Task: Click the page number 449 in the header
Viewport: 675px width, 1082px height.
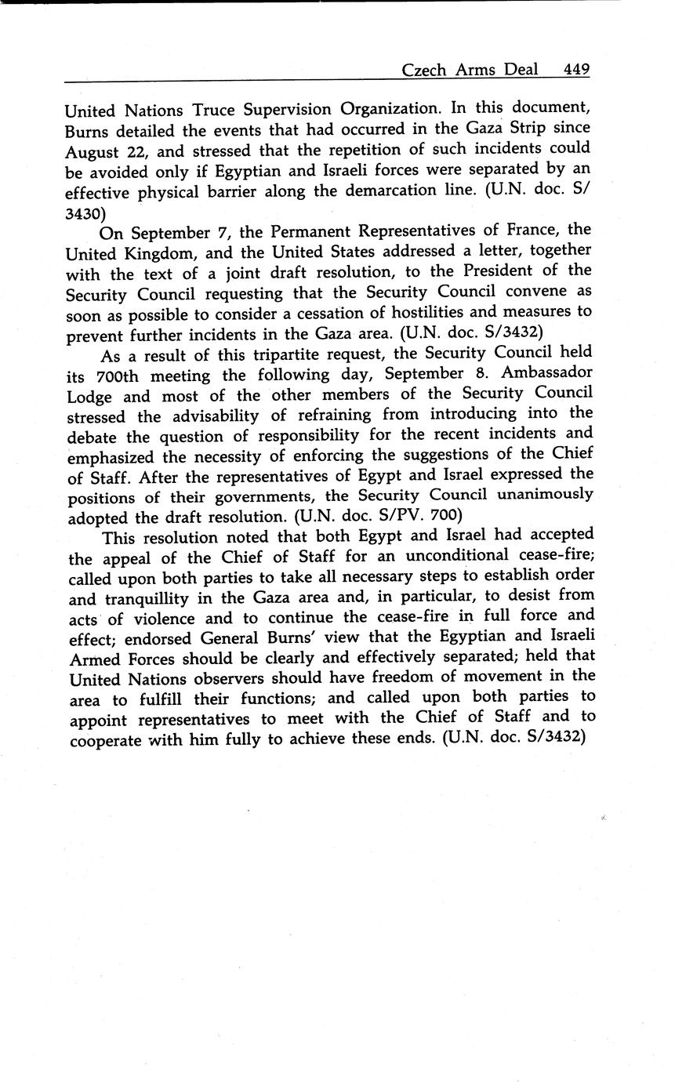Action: tap(575, 70)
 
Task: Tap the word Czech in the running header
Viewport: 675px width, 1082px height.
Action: tap(423, 70)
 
